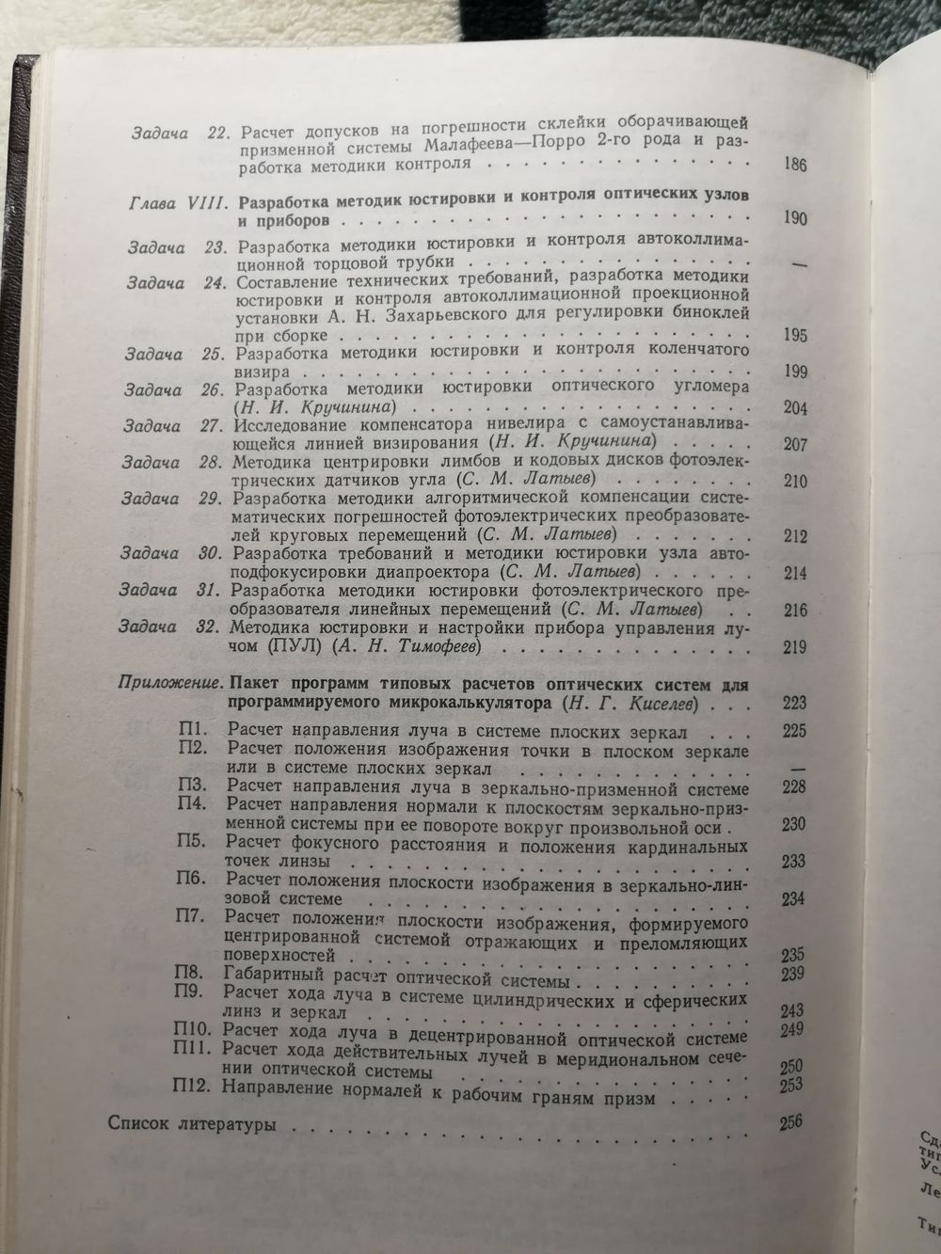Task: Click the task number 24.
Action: pos(215,281)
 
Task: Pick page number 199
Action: pos(796,373)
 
